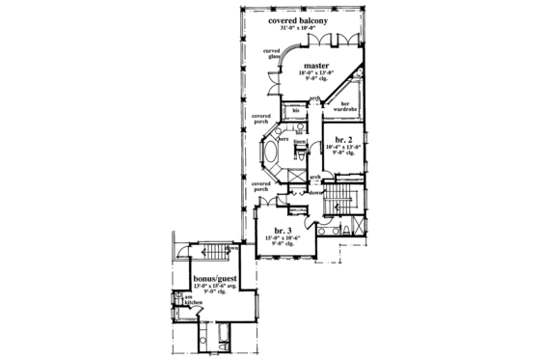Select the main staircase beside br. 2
pos(342,202)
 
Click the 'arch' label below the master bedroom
pos(312,98)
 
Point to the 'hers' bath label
pos(284,139)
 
